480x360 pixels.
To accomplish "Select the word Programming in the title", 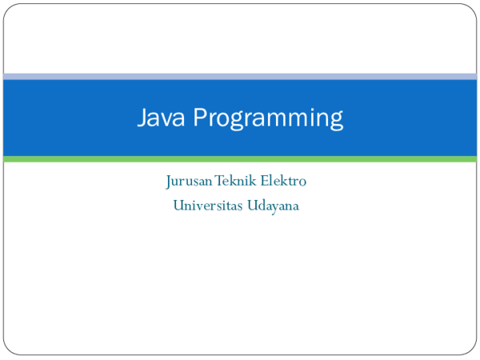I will [269, 118].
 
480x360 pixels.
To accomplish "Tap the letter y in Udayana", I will [272, 208].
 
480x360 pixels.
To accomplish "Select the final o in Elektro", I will [302, 182].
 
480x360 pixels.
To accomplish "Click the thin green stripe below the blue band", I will [240, 159].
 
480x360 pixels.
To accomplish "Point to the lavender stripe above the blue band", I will [240, 76].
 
